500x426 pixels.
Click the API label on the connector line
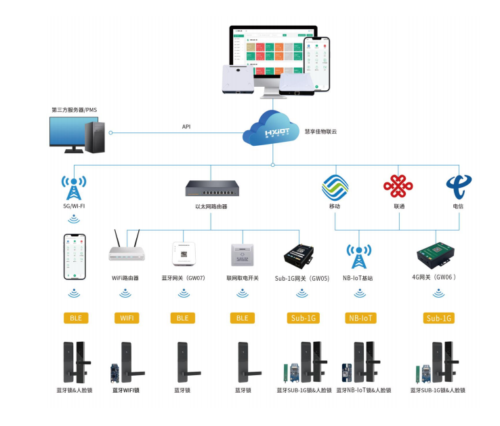coord(186,127)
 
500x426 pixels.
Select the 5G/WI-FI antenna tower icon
coord(73,187)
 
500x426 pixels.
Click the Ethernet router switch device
coord(211,188)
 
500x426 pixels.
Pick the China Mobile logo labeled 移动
coord(334,186)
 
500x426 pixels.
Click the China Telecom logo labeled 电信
coord(458,186)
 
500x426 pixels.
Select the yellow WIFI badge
coord(125,317)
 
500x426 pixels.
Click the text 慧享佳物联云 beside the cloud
coord(320,131)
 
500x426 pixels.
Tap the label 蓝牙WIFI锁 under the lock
coord(126,390)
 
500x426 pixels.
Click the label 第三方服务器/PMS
coord(75,109)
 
